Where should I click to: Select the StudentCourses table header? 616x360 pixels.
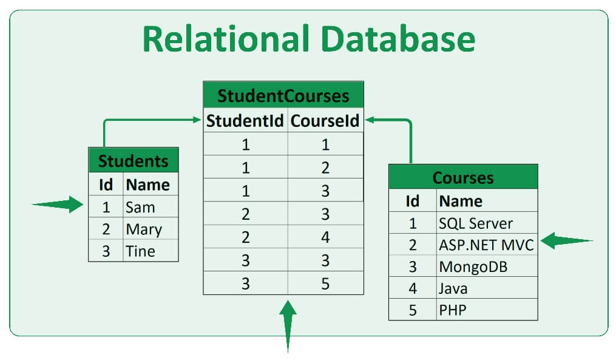(283, 96)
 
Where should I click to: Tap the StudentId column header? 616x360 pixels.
(245, 121)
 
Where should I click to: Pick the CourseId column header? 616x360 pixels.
(325, 121)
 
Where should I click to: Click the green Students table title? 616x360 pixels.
(133, 161)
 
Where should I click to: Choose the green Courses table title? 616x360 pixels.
(462, 178)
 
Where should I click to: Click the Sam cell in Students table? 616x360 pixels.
(140, 207)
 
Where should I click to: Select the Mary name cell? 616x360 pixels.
(144, 229)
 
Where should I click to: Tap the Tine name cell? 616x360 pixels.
(140, 251)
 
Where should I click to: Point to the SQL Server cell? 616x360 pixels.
(476, 223)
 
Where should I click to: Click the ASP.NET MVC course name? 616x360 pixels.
(486, 245)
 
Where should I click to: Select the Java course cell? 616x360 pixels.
(453, 288)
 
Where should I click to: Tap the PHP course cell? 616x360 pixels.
(452, 310)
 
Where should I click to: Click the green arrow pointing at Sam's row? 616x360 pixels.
(59, 205)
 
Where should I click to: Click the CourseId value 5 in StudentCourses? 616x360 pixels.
(325, 284)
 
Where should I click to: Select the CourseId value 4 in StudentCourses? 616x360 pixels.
(325, 237)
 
